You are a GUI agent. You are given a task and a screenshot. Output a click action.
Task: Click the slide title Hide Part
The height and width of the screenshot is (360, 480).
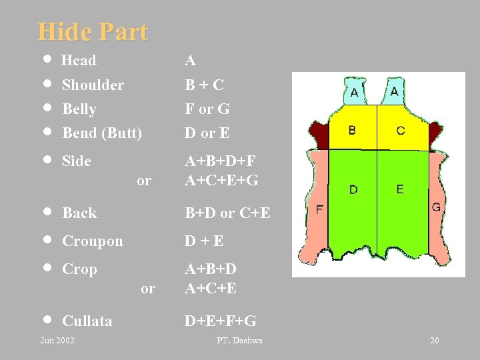point(93,31)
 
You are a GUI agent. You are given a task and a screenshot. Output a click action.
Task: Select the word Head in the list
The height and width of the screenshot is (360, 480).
point(79,61)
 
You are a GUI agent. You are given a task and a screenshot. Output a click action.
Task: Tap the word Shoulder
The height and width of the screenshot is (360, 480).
point(93,85)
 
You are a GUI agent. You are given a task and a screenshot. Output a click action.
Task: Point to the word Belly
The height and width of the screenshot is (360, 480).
point(79,109)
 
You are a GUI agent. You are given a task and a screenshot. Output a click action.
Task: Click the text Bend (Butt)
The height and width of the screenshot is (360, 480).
point(102,133)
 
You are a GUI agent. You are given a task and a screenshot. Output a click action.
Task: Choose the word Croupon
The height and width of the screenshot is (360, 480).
point(92,241)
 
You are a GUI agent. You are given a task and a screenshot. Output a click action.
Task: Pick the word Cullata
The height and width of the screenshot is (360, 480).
point(87,321)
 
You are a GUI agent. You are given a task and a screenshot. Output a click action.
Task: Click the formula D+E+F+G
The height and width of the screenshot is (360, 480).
point(220,321)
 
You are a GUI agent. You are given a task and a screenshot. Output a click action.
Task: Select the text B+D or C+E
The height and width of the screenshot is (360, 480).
point(227,213)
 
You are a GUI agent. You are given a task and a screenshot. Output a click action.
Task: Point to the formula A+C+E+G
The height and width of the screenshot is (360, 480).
point(221,181)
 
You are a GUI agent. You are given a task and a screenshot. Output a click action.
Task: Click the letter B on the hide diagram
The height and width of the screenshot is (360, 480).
point(352,130)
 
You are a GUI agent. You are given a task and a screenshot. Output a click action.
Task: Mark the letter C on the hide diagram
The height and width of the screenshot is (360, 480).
point(400,131)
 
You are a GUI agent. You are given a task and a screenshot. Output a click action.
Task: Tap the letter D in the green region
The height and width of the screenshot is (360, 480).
point(353,190)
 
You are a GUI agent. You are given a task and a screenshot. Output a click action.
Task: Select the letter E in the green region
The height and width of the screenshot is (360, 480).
point(399,189)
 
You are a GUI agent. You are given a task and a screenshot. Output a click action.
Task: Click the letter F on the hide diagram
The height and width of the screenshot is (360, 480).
point(320,209)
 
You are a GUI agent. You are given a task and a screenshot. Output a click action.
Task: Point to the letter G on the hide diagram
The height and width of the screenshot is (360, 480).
point(436,207)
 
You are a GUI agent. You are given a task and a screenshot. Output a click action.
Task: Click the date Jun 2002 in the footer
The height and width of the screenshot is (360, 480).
point(57,341)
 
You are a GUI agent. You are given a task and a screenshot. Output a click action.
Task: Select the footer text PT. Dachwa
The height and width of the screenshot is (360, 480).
point(239,341)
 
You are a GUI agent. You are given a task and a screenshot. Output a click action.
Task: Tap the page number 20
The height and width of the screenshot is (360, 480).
point(435,341)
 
